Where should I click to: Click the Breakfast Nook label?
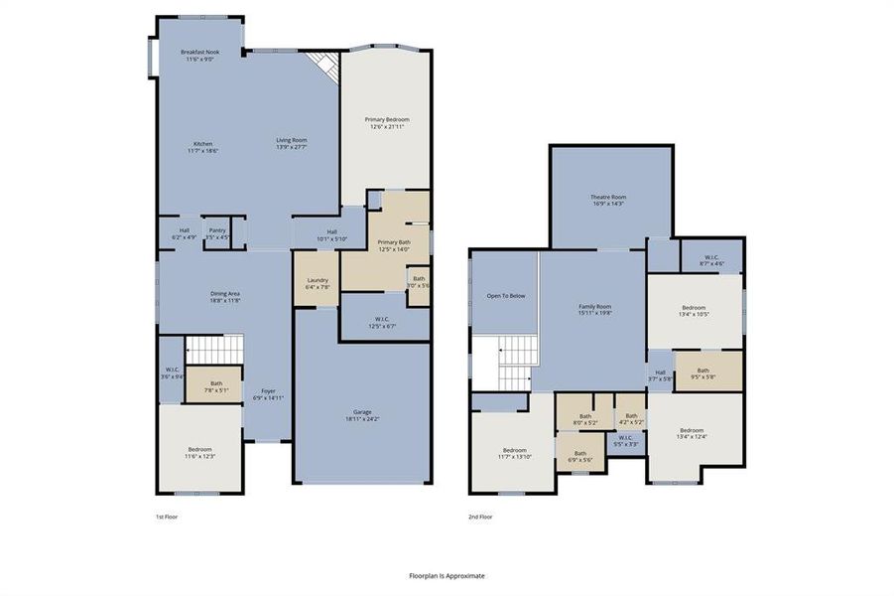(x=199, y=56)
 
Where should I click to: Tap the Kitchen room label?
(x=202, y=147)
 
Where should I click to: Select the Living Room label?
(x=291, y=143)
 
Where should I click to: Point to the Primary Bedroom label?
(x=386, y=122)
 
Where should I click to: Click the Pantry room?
(x=217, y=233)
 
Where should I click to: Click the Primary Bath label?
(x=394, y=245)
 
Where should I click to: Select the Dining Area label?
(x=225, y=296)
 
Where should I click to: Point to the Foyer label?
(x=268, y=394)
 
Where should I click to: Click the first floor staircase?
(x=215, y=350)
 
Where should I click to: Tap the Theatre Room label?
(x=608, y=200)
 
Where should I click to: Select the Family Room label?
(x=595, y=309)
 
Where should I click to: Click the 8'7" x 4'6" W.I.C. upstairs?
(x=711, y=260)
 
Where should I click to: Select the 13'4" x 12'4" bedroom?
(x=694, y=435)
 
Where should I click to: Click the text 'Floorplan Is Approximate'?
(x=447, y=575)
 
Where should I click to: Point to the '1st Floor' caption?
(x=167, y=517)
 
